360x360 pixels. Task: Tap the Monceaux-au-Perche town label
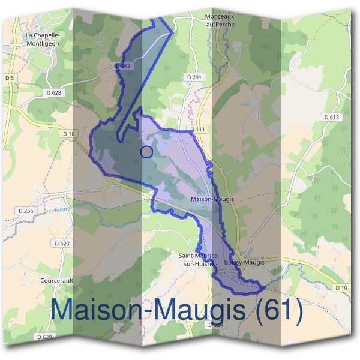coord(220,20)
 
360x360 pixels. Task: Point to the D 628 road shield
coord(54,92)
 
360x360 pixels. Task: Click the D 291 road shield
coord(194,77)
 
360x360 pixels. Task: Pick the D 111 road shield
coord(197,130)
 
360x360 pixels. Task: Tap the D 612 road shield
coord(331,118)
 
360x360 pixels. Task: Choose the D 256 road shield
coord(26,211)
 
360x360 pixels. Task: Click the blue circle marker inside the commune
coord(146,152)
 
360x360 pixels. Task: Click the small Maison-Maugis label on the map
coord(211,199)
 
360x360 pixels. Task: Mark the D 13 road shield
coord(122,65)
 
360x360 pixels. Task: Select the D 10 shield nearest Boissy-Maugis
coord(341,288)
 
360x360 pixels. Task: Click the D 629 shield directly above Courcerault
coord(62,244)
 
